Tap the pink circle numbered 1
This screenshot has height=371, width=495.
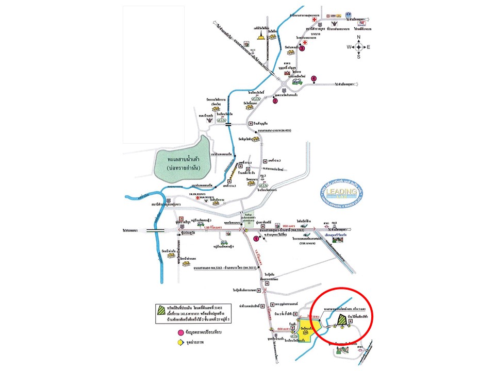click(256, 238)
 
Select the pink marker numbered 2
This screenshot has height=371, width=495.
click(275, 101)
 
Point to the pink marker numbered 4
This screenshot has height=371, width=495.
click(313, 78)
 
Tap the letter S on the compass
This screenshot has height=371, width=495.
click(359, 57)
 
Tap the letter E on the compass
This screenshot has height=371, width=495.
click(369, 47)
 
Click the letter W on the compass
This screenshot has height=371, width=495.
click(349, 47)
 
